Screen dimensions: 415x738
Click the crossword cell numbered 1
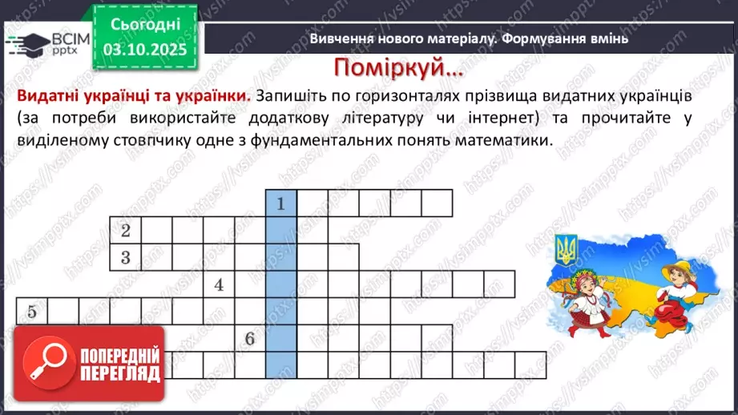[x=281, y=203]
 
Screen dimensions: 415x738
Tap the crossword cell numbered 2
[x=126, y=231]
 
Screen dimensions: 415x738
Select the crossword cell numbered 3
[x=126, y=257]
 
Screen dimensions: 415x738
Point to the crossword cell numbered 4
[x=219, y=284]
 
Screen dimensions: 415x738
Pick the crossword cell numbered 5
[x=32, y=311]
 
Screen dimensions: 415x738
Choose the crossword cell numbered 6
[x=250, y=338]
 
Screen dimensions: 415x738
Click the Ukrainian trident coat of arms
[x=567, y=250]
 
